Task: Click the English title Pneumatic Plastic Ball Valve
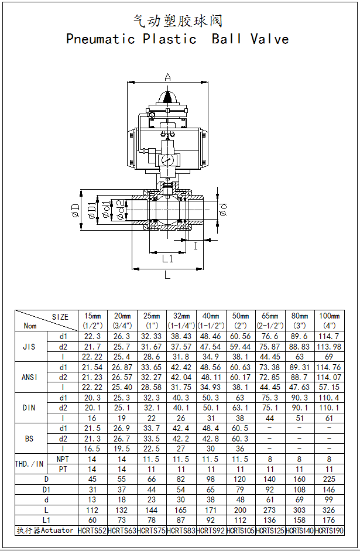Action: [177, 39]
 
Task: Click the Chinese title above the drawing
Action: [177, 22]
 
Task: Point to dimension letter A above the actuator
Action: [168, 77]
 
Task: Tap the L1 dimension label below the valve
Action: [167, 258]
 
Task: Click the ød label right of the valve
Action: [224, 209]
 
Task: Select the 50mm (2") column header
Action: [240, 320]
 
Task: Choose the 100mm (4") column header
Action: [329, 320]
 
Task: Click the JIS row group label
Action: [29, 347]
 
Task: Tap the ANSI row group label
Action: [29, 377]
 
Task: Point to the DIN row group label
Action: [29, 408]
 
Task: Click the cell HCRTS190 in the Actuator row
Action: [329, 531]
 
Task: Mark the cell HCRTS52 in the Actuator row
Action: [92, 531]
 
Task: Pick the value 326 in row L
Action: [329, 510]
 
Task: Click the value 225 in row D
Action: [329, 480]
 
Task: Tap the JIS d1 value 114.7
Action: [329, 337]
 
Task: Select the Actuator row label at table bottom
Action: [46, 531]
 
